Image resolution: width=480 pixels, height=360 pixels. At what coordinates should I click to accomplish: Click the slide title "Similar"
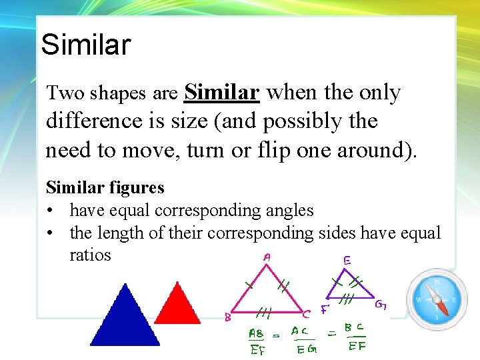[x=85, y=45]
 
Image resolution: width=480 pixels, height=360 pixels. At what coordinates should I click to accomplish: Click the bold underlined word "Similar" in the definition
[x=221, y=92]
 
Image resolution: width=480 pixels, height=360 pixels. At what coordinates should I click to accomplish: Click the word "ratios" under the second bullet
[x=90, y=255]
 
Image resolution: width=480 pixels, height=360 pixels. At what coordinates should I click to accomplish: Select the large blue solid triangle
[x=125, y=318]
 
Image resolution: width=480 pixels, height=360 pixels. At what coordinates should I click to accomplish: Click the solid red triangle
[x=177, y=305]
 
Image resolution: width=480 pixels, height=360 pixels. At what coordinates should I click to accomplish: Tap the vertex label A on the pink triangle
[x=267, y=257]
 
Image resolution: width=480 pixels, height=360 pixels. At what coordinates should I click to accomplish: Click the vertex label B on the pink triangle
[x=227, y=318]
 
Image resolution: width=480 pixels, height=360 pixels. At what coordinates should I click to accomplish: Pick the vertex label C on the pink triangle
[x=306, y=313]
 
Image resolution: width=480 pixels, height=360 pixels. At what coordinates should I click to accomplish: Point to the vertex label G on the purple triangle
[x=381, y=305]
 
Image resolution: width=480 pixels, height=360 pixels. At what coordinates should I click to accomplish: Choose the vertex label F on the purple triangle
[x=325, y=309]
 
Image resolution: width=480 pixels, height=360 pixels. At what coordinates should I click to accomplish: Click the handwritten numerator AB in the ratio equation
[x=256, y=333]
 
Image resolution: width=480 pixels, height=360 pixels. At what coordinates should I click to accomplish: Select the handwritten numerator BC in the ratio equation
[x=355, y=329]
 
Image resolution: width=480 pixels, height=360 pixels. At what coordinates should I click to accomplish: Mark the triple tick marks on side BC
[x=264, y=310]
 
